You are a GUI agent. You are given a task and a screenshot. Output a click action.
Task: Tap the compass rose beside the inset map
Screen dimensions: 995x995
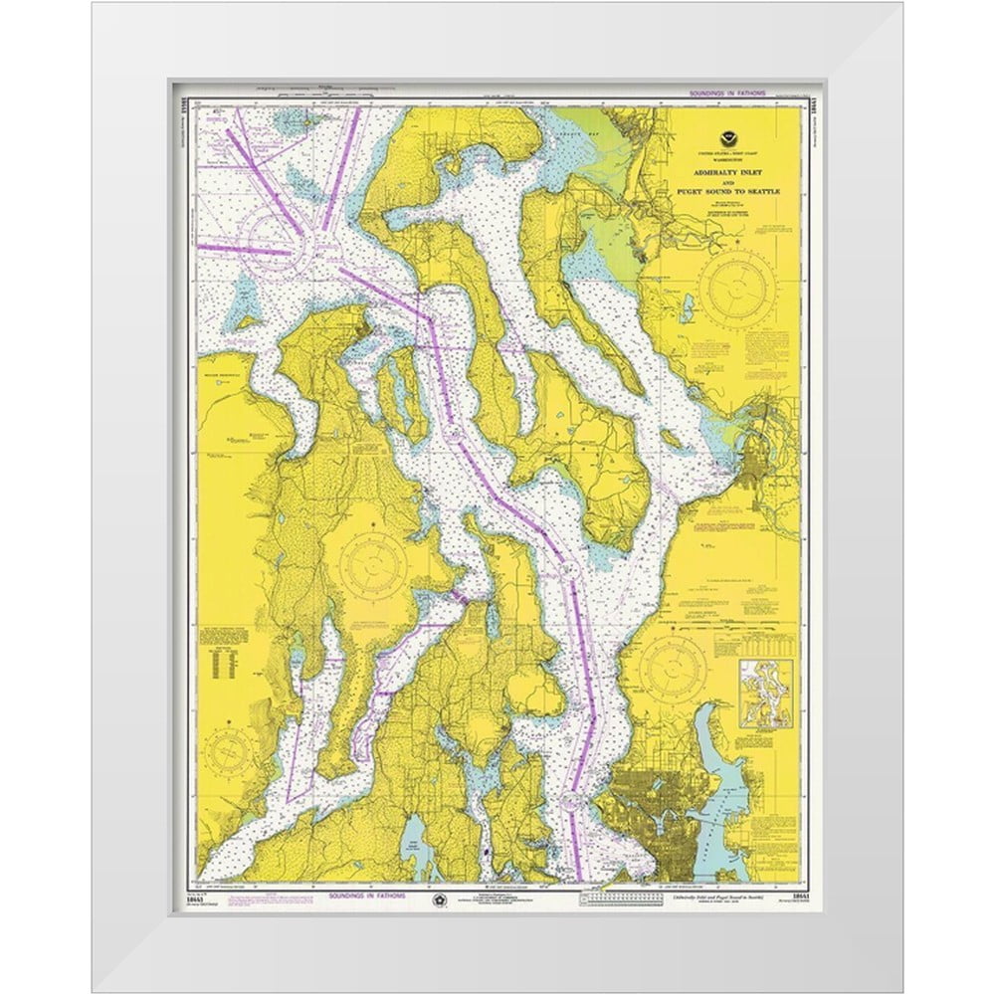(673, 665)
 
